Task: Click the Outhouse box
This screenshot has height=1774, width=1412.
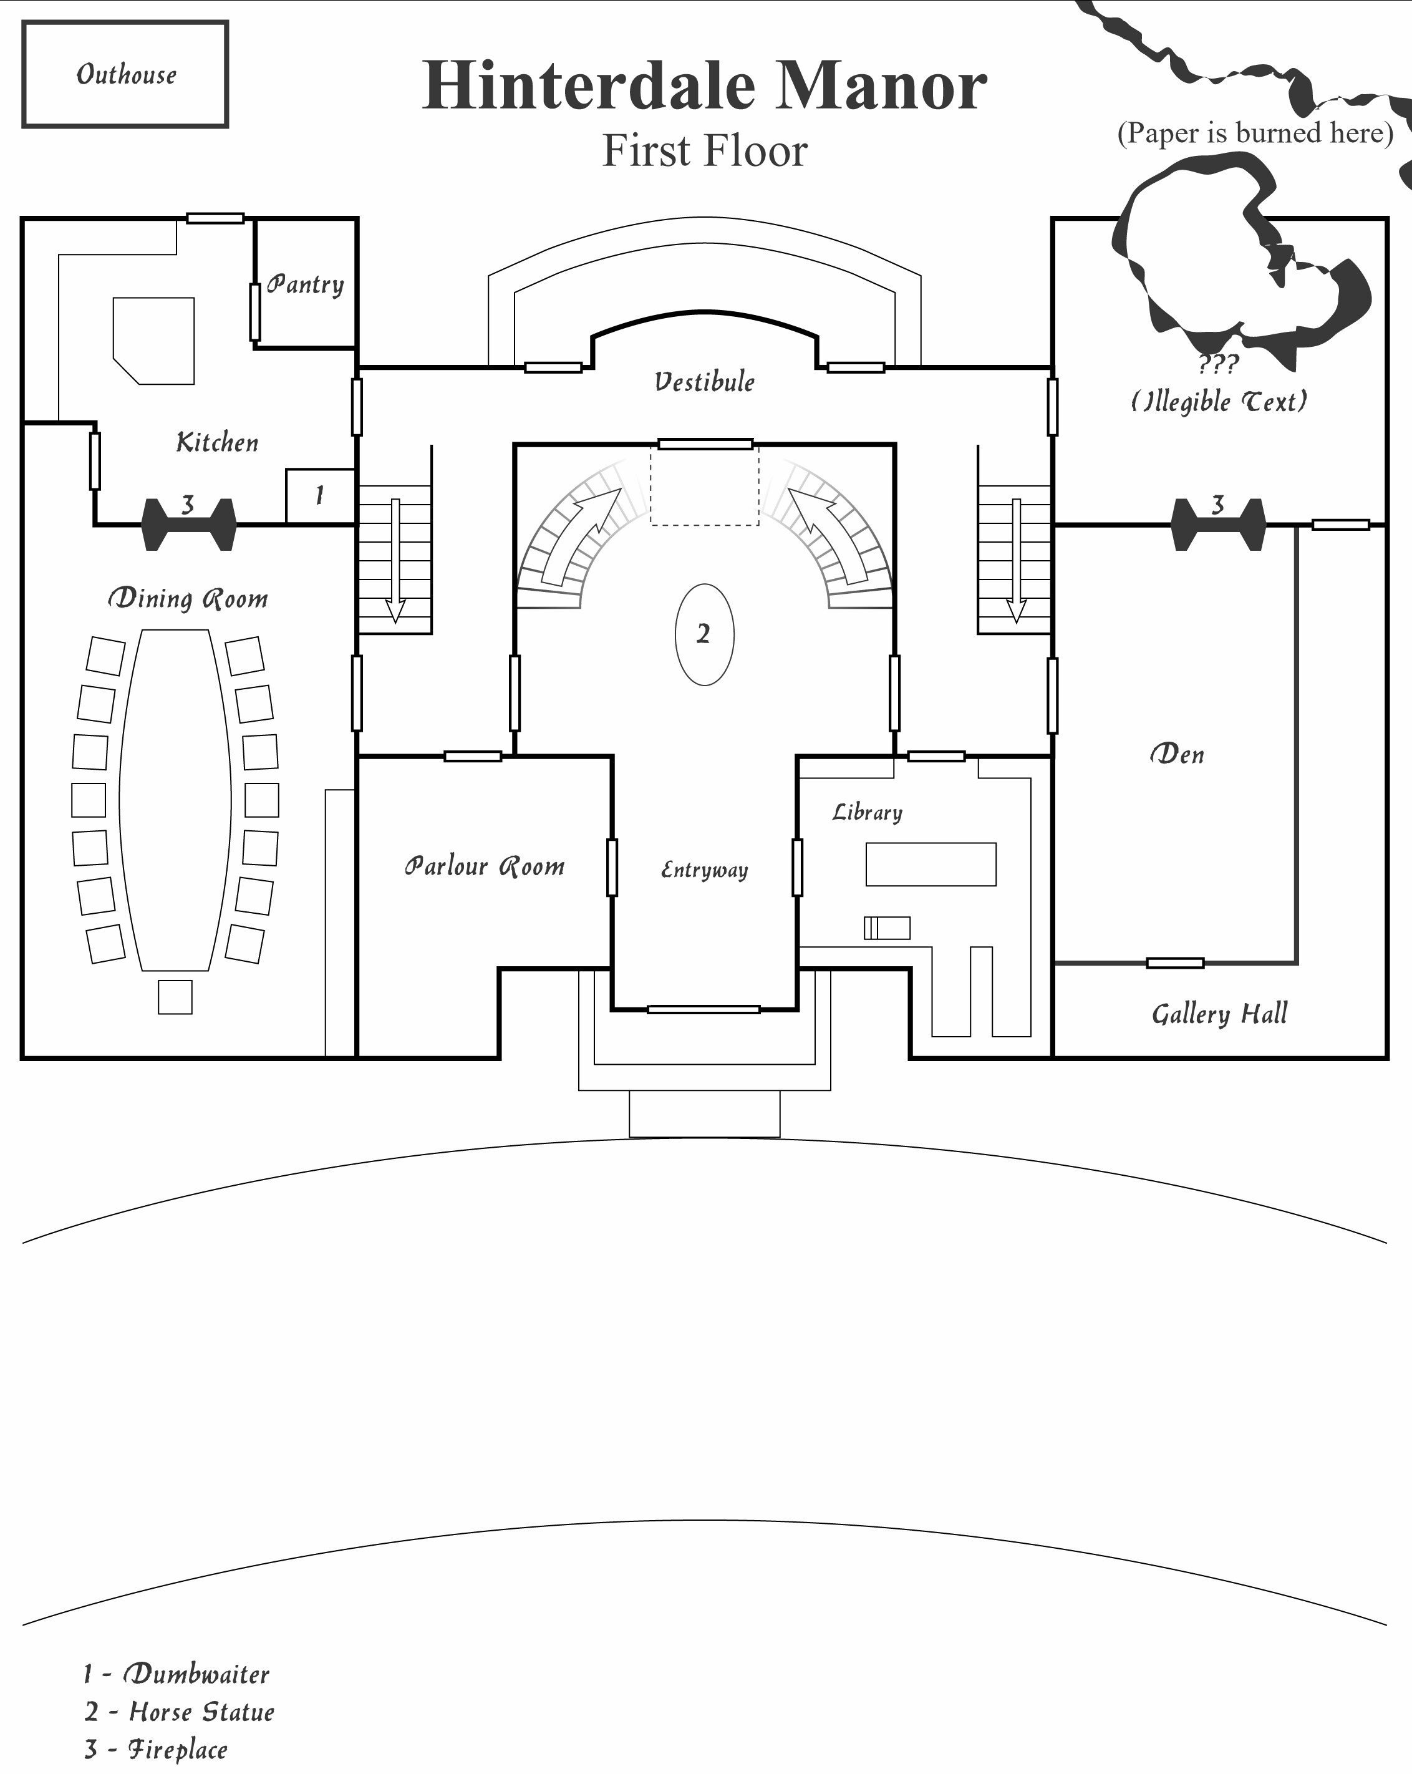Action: pyautogui.click(x=125, y=74)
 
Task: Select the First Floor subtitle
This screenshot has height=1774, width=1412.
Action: pyautogui.click(x=704, y=150)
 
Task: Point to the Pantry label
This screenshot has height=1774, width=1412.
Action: pyautogui.click(x=305, y=284)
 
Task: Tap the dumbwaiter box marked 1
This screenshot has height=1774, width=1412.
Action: pyautogui.click(x=320, y=495)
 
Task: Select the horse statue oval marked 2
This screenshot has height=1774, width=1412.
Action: pyautogui.click(x=704, y=634)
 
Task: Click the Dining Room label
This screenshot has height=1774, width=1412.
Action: pyautogui.click(x=188, y=598)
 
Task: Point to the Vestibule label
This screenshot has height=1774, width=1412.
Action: pyautogui.click(x=704, y=382)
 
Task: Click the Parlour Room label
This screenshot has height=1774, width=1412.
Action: pyautogui.click(x=485, y=866)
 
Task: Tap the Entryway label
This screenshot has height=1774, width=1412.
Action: pyautogui.click(x=704, y=870)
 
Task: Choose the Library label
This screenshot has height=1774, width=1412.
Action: pyautogui.click(x=868, y=812)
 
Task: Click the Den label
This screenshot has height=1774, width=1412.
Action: pyautogui.click(x=1177, y=754)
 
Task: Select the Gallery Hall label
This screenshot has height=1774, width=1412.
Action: pyautogui.click(x=1219, y=1014)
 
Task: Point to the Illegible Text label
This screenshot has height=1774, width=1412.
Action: pyautogui.click(x=1219, y=402)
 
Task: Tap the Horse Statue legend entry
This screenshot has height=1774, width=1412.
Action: pyautogui.click(x=180, y=1712)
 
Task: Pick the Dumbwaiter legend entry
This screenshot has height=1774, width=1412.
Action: pyautogui.click(x=176, y=1674)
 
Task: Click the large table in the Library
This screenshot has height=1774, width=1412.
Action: pyautogui.click(x=931, y=864)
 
